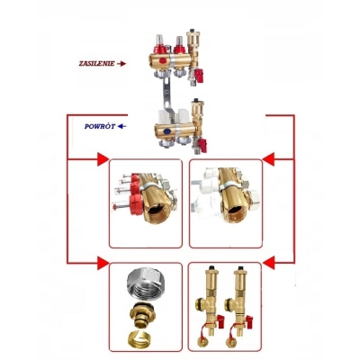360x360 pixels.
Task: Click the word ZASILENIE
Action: pyautogui.click(x=96, y=64)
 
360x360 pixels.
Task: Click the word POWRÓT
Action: pyautogui.click(x=100, y=127)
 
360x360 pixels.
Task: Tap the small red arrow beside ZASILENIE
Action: pyautogui.click(x=121, y=64)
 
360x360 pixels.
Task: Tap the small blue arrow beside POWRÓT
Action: pyautogui.click(x=121, y=126)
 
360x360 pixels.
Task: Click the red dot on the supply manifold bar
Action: pyautogui.click(x=163, y=60)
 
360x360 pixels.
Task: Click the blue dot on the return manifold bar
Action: pyautogui.click(x=166, y=131)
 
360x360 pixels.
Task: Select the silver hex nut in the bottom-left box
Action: pyautogui.click(x=144, y=283)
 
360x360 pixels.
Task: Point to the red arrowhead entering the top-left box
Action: pyautogui.click(x=103, y=159)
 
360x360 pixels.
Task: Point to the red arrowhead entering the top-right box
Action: pyautogui.click(x=269, y=159)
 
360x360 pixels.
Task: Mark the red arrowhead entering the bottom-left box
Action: pyautogui.click(x=103, y=263)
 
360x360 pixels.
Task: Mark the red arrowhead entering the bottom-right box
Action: pyautogui.click(x=269, y=263)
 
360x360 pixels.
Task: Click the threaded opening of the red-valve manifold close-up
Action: pyautogui.click(x=157, y=212)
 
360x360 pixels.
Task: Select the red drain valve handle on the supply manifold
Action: pyautogui.click(x=199, y=75)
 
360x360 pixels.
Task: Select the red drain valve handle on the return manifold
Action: pyautogui.click(x=202, y=146)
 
